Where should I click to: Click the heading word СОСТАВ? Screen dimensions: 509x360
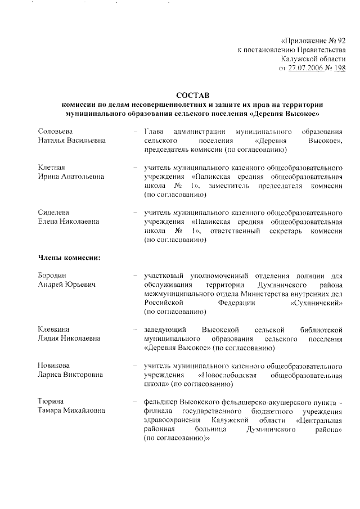point(192,95)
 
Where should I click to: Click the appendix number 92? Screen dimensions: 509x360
point(340,40)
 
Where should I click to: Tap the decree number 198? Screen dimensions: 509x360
point(340,68)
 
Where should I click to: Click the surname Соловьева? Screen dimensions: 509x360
point(56,130)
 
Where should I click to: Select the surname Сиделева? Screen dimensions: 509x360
point(54,213)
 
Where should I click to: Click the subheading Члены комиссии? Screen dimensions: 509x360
point(69,258)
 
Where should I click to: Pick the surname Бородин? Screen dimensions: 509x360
point(52,276)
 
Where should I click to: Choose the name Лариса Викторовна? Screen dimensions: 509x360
point(70,375)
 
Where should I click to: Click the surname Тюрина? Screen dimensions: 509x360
point(51,402)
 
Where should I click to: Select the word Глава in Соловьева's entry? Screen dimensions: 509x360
point(154,130)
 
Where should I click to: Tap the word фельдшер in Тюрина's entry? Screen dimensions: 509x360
point(161,402)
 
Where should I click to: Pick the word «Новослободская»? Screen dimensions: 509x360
point(228,375)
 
